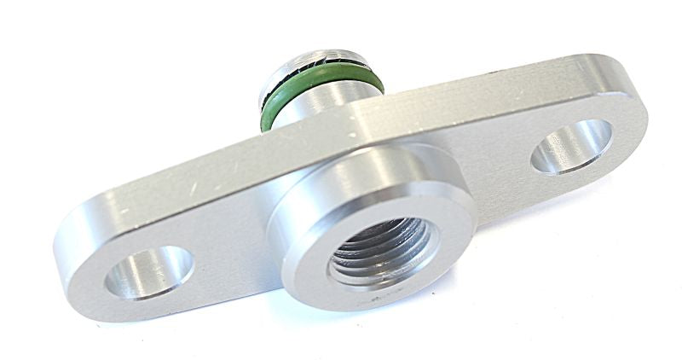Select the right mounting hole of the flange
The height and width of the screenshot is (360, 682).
click(571, 146)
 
